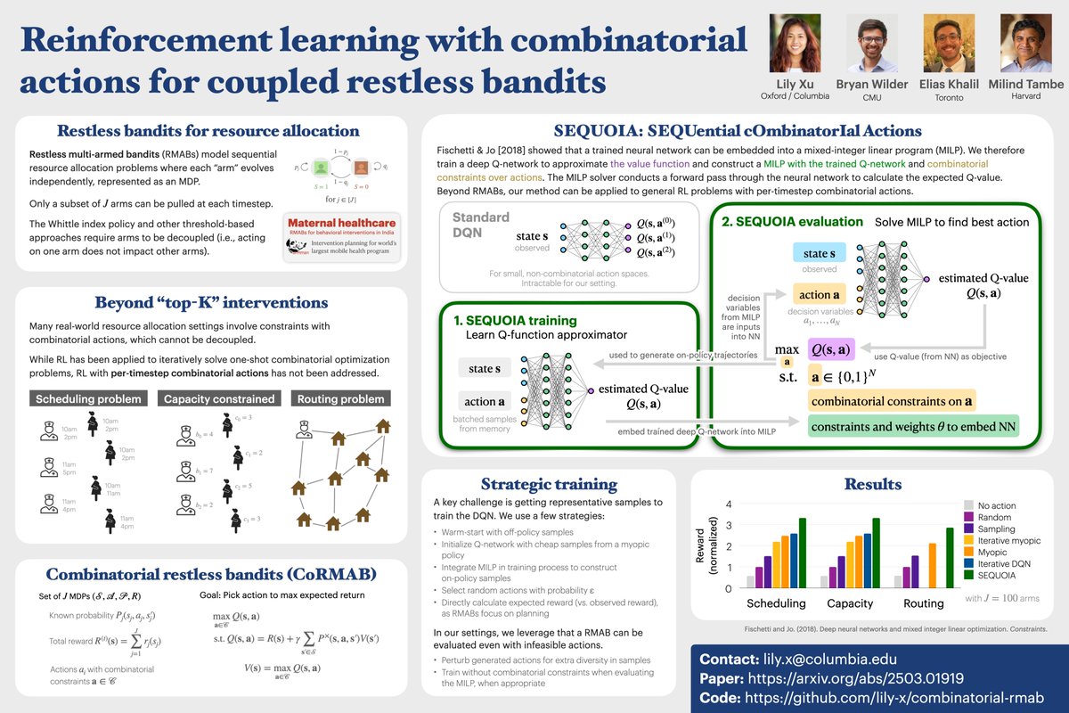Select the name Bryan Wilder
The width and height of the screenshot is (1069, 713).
point(871,85)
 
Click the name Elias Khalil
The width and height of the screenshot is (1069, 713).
point(947,85)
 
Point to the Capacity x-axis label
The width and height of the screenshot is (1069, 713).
point(850,603)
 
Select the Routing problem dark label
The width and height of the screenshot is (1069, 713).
point(339,398)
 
